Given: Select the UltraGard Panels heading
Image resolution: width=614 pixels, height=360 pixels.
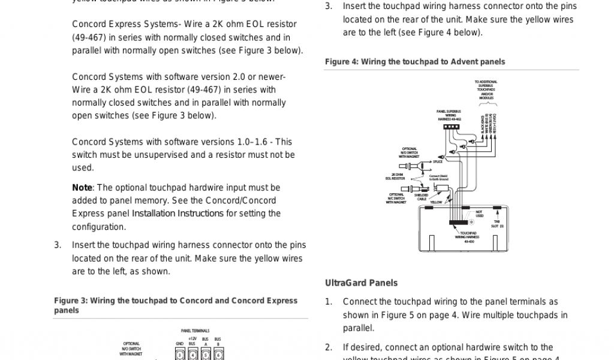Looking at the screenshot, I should (x=361, y=283).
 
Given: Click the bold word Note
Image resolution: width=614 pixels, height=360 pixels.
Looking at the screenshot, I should (x=82, y=188).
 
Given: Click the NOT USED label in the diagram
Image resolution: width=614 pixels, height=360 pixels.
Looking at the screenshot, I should (x=479, y=214).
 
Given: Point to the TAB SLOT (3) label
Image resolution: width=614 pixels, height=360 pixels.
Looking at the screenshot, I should (x=498, y=224).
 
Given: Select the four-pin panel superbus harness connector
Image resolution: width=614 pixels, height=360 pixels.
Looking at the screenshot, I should (x=452, y=127).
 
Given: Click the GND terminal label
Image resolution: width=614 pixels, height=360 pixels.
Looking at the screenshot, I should (x=179, y=343).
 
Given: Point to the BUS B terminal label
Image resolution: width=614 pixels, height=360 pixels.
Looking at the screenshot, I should (x=218, y=341).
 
